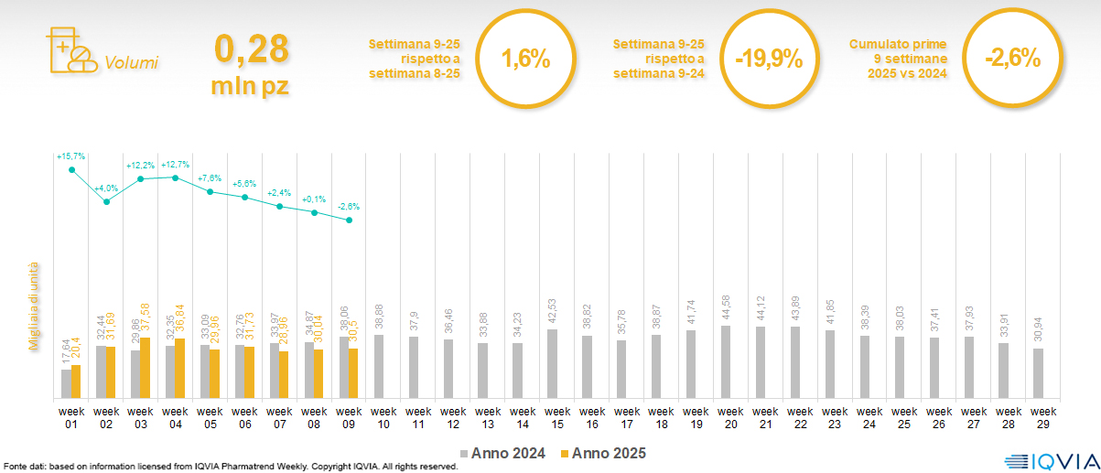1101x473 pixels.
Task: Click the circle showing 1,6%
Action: [526, 60]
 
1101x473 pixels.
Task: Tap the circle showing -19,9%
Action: [769, 60]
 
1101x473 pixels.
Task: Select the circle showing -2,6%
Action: [1012, 60]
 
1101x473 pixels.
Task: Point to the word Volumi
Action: [131, 63]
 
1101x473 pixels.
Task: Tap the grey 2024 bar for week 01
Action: [65, 383]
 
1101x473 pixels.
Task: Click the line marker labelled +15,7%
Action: [71, 169]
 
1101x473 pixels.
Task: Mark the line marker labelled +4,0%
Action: [106, 201]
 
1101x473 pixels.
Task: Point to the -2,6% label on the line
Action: [349, 207]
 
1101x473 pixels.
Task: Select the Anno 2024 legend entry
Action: [503, 453]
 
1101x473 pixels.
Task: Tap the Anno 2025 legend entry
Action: [603, 453]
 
